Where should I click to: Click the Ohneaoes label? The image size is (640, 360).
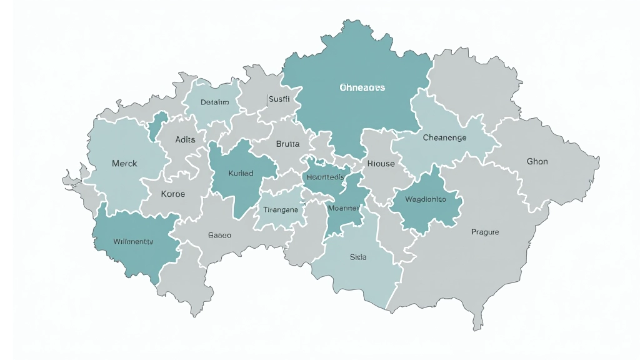pyautogui.click(x=362, y=87)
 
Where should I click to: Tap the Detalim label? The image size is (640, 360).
pyautogui.click(x=214, y=102)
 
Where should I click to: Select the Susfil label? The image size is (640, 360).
pyautogui.click(x=278, y=99)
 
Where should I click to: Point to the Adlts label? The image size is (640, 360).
pyautogui.click(x=185, y=139)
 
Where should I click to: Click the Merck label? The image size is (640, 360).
pyautogui.click(x=124, y=164)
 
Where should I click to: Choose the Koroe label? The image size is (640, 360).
pyautogui.click(x=173, y=194)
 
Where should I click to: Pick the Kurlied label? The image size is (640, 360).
pyautogui.click(x=241, y=173)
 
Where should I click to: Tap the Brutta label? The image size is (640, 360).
pyautogui.click(x=287, y=144)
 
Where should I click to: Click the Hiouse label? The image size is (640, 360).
pyautogui.click(x=381, y=164)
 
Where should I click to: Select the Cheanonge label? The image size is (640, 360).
pyautogui.click(x=444, y=138)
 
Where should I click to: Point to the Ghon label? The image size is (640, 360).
pyautogui.click(x=537, y=162)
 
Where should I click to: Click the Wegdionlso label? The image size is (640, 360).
pyautogui.click(x=425, y=199)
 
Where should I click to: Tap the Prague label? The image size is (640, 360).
pyautogui.click(x=485, y=232)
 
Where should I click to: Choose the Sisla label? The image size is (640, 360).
pyautogui.click(x=358, y=257)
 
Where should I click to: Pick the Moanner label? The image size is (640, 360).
pyautogui.click(x=343, y=207)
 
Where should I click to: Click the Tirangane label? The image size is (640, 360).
pyautogui.click(x=281, y=209)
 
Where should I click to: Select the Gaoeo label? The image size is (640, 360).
pyautogui.click(x=219, y=236)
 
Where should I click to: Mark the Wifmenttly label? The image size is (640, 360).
pyautogui.click(x=133, y=241)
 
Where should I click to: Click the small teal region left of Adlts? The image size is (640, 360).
pyautogui.click(x=158, y=127)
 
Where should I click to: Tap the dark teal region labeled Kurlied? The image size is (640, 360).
pyautogui.click(x=237, y=187)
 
